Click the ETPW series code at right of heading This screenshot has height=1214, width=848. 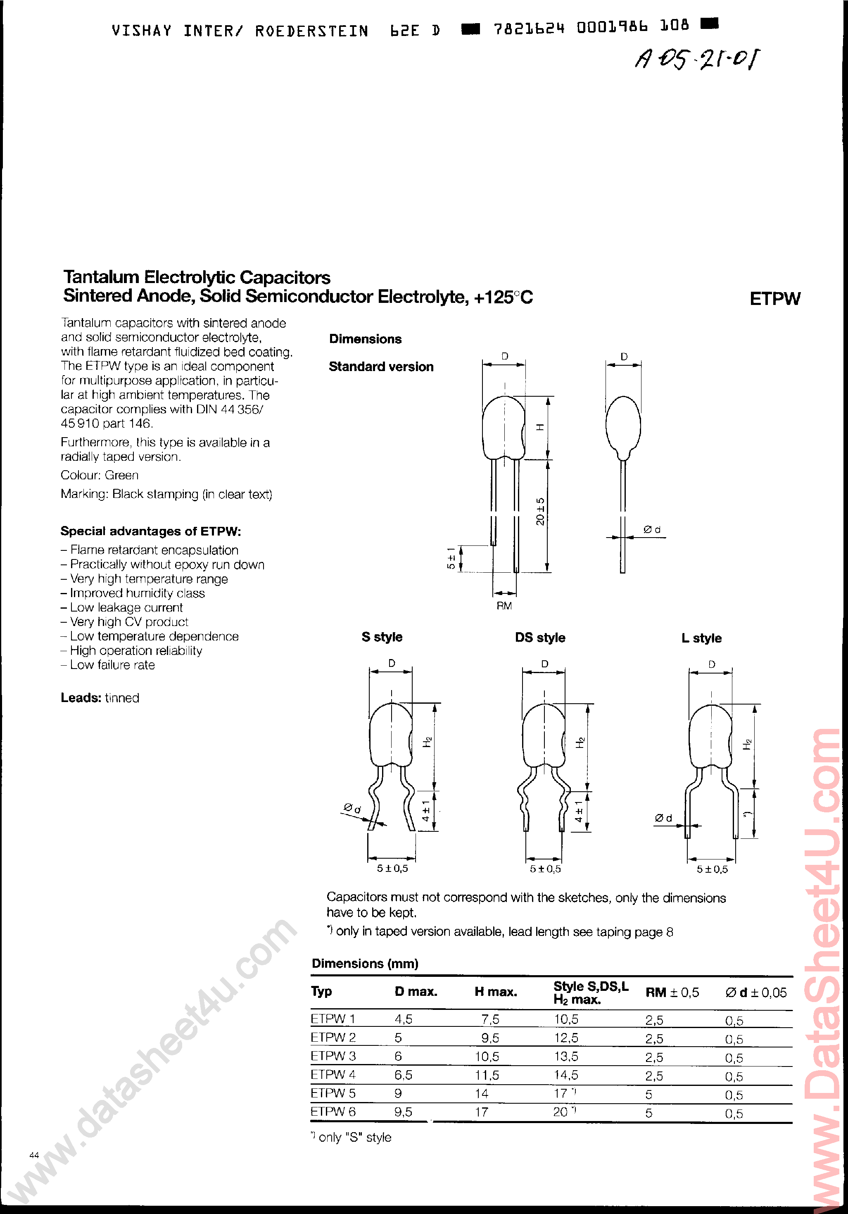click(774, 299)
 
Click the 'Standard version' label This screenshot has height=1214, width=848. click(381, 367)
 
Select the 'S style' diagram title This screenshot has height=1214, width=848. click(382, 637)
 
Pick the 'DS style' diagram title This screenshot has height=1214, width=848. click(540, 638)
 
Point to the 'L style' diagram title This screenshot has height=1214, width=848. click(701, 638)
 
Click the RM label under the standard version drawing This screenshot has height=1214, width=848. click(504, 606)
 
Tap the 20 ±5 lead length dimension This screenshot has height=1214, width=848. click(540, 511)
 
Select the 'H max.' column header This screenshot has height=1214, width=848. click(495, 992)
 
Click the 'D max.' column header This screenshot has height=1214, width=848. click(416, 992)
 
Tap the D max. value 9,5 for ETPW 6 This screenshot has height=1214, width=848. click(403, 1112)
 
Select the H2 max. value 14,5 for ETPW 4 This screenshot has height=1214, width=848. click(566, 1075)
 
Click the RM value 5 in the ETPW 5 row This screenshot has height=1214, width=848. click(648, 1094)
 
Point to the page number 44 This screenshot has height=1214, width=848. click(34, 1155)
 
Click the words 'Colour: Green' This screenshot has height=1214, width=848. click(100, 475)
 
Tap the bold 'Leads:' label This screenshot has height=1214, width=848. click(81, 698)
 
